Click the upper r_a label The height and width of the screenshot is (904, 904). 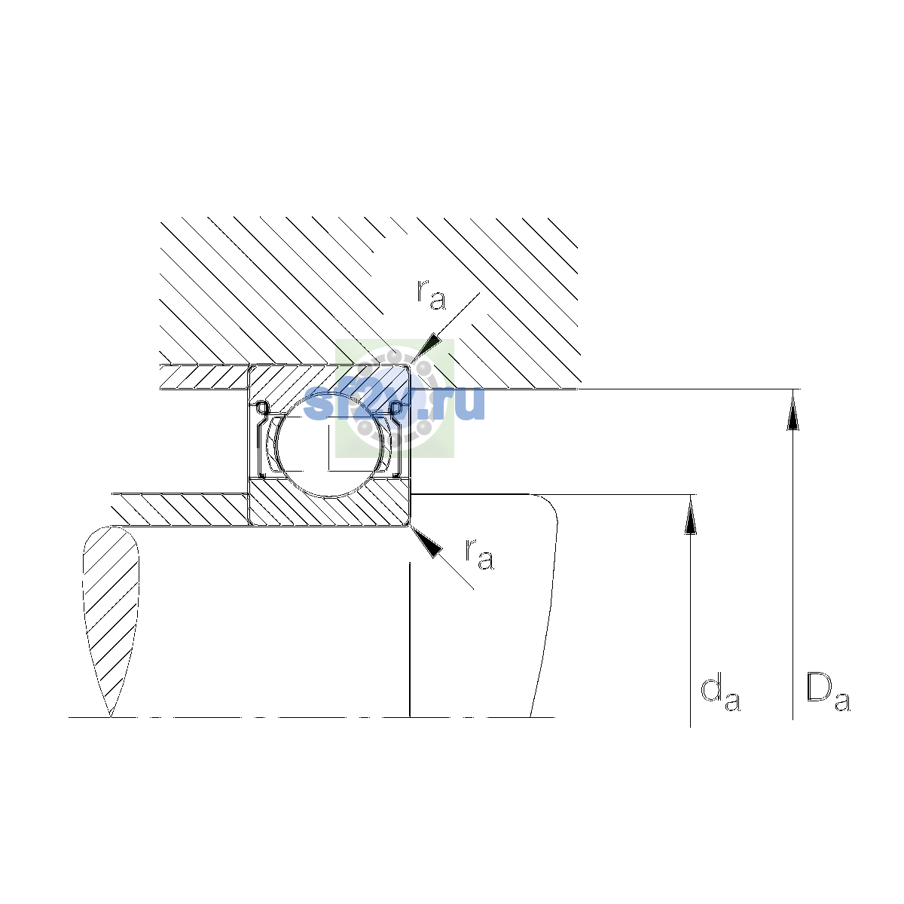(x=431, y=295)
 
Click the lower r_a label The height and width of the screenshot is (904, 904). (x=479, y=554)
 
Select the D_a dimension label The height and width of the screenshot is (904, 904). (x=828, y=692)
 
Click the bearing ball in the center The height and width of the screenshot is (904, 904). (x=330, y=444)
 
